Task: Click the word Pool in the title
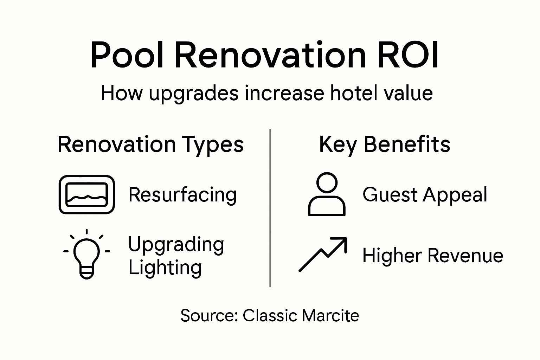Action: point(127,56)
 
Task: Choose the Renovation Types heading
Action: point(150,144)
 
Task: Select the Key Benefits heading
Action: point(384,144)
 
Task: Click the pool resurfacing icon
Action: point(86,194)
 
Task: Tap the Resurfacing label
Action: point(182,195)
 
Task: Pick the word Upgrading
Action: point(176,245)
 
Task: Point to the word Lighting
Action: point(165,268)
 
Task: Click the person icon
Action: point(327,194)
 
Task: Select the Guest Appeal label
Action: point(425,195)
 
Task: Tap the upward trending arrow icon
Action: point(323,254)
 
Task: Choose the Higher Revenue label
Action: point(432,255)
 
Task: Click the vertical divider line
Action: point(270,207)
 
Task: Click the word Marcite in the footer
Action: point(330,315)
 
